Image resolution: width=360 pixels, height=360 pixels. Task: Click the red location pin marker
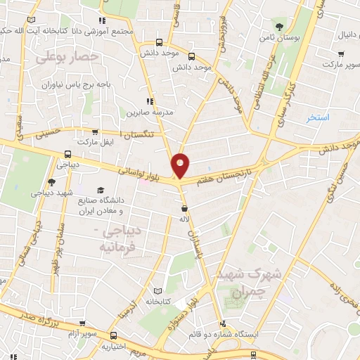click(181, 165)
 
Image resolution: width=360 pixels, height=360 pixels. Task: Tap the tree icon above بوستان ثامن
click(280, 26)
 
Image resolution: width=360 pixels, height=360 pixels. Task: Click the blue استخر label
click(318, 117)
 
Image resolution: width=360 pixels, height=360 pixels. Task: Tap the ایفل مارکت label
click(96, 142)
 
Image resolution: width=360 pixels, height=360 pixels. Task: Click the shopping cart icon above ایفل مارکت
click(96, 131)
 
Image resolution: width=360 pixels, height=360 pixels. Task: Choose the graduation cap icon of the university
click(101, 191)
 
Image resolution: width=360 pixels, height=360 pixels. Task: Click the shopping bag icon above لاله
click(184, 209)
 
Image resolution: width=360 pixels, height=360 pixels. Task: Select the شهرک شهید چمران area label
click(240, 281)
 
